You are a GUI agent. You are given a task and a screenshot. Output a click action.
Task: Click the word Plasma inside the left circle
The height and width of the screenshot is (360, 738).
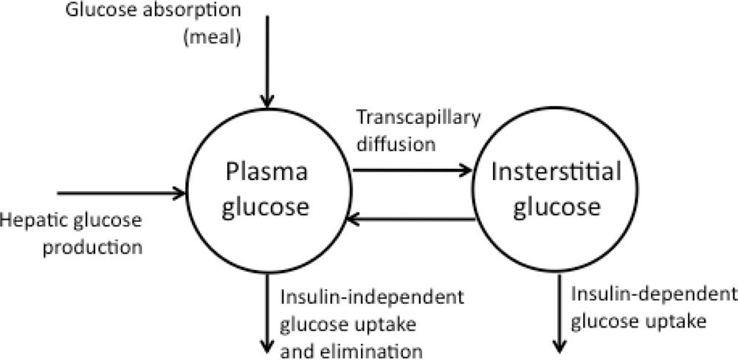pyautogui.click(x=266, y=173)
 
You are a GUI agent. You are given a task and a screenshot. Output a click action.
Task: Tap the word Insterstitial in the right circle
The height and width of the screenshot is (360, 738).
pyautogui.click(x=556, y=173)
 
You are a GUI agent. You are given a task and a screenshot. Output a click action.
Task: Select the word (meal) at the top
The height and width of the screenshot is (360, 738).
pyautogui.click(x=211, y=36)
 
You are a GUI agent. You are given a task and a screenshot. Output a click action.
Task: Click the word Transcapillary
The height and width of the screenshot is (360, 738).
pyautogui.click(x=418, y=117)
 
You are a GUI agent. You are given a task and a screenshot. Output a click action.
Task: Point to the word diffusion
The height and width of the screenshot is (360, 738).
pyautogui.click(x=396, y=144)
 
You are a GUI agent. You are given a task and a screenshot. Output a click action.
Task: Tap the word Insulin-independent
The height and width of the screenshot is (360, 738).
pyautogui.click(x=372, y=298)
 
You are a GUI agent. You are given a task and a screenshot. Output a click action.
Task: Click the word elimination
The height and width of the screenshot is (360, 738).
pyautogui.click(x=375, y=350)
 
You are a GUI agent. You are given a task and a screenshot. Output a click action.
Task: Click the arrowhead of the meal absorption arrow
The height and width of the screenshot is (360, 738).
pyautogui.click(x=267, y=101)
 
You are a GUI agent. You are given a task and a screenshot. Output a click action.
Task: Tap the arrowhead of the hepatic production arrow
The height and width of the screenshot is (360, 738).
pyautogui.click(x=179, y=193)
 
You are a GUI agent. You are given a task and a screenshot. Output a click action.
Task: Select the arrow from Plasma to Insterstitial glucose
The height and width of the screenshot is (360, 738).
pyautogui.click(x=413, y=170)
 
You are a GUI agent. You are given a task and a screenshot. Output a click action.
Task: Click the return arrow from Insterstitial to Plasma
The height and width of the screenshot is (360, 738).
pyautogui.click(x=410, y=218)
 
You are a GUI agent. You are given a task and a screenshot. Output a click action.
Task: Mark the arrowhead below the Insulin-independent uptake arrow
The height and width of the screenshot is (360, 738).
pyautogui.click(x=267, y=346)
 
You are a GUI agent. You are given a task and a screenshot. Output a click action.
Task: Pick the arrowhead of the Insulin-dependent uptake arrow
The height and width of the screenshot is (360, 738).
pyautogui.click(x=559, y=346)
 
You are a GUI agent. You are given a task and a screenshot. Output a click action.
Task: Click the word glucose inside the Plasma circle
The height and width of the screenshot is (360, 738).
pyautogui.click(x=265, y=207)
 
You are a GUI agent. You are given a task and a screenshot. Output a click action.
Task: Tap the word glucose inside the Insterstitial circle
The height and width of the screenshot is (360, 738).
pyautogui.click(x=556, y=207)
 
